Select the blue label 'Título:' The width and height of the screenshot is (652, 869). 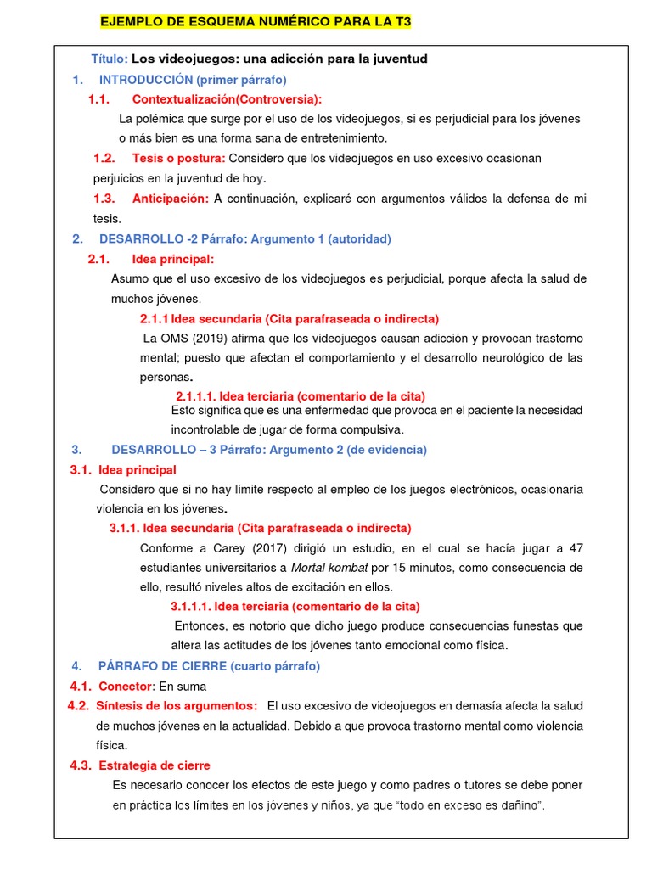[110, 59]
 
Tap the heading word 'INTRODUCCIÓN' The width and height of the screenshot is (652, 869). [146, 80]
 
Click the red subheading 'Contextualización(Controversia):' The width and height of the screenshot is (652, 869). [227, 99]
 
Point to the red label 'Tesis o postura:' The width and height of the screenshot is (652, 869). [178, 159]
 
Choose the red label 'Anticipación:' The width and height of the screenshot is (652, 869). [170, 199]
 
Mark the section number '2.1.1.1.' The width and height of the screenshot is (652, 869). [198, 396]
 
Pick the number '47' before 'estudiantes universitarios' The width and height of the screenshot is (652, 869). [576, 547]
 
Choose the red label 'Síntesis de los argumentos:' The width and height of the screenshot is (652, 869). [177, 706]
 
